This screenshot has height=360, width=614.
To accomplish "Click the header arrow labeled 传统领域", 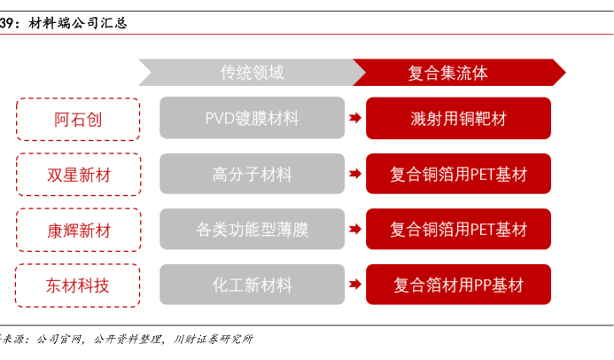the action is [x=253, y=73].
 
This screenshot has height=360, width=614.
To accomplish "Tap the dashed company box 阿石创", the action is [x=78, y=119].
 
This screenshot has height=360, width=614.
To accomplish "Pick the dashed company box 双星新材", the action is [x=78, y=175].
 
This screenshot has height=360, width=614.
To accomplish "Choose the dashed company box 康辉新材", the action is [x=78, y=230].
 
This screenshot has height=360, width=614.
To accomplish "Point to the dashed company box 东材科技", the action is [x=78, y=286].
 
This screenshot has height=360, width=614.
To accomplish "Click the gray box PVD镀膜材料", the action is [x=253, y=118].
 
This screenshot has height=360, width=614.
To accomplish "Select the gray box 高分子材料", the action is [x=253, y=174].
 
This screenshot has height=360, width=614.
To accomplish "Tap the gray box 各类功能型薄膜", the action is [x=253, y=229].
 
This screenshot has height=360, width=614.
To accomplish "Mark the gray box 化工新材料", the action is [x=253, y=285].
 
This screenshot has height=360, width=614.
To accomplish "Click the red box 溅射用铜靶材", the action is [x=459, y=118].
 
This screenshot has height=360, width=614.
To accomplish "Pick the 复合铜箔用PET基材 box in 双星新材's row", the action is [x=459, y=174].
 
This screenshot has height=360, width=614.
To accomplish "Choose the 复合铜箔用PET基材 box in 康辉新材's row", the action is [x=459, y=229].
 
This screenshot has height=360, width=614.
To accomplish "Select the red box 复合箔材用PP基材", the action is [x=459, y=285].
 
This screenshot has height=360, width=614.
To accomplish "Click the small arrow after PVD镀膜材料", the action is [x=355, y=118].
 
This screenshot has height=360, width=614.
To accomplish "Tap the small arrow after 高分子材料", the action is [x=355, y=174].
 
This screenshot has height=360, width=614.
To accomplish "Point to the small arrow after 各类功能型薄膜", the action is [x=355, y=229].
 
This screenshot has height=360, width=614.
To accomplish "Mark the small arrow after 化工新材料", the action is [x=355, y=285].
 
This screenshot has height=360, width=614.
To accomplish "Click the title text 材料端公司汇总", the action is [x=78, y=23].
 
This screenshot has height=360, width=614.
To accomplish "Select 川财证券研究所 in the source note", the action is [x=214, y=339].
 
